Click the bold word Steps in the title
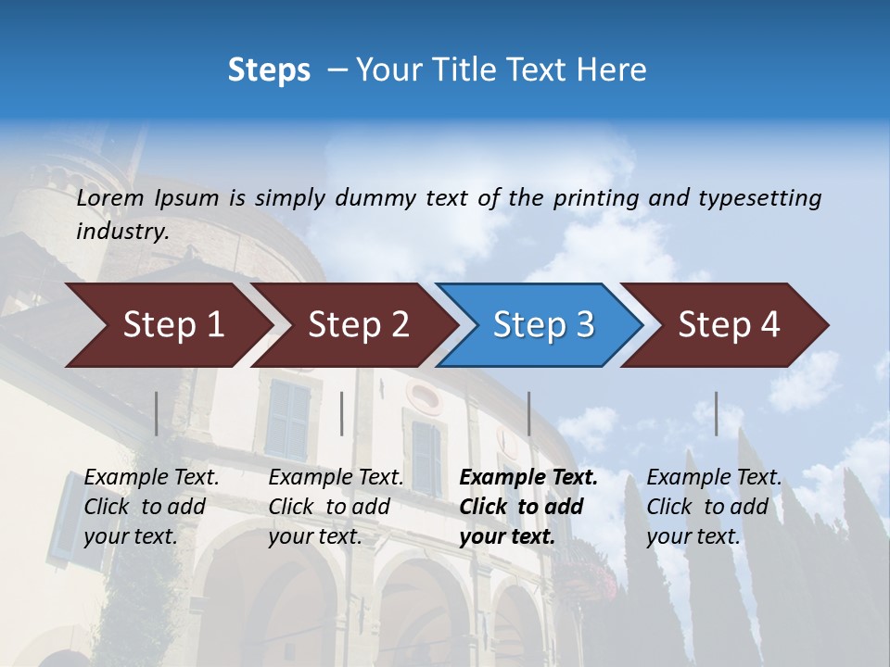pos(269,70)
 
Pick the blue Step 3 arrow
pos(543,325)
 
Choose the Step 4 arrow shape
pos(729,325)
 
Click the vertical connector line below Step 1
pos(157,413)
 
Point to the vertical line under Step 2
pos(342,413)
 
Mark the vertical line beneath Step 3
pos(528,413)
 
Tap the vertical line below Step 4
pos(716,413)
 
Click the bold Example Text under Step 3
pos(528,478)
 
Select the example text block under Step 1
pos(151,507)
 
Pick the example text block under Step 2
pos(336,507)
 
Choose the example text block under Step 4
pos(714,507)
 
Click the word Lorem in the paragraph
pos(110,198)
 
